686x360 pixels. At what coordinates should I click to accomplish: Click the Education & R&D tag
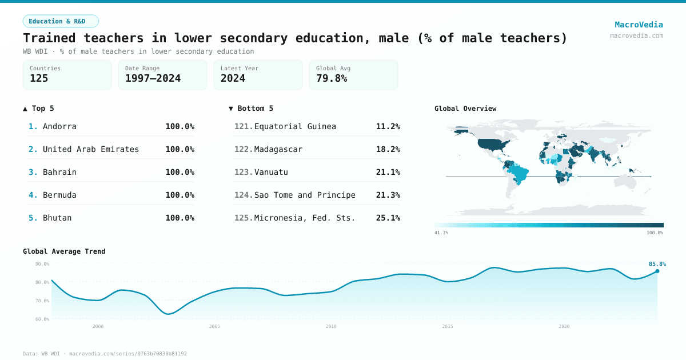click(61, 21)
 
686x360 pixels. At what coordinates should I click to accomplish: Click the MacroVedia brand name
click(639, 25)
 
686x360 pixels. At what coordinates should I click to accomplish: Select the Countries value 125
click(39, 78)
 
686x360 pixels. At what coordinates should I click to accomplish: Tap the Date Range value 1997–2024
click(153, 78)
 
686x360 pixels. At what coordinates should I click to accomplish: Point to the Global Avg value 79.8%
click(332, 78)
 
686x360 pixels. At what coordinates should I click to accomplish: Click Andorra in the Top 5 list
click(59, 126)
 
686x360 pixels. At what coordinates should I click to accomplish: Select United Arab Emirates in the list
click(91, 149)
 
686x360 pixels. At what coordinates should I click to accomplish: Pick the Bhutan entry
click(57, 218)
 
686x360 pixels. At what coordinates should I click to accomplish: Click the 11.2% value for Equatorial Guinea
click(388, 126)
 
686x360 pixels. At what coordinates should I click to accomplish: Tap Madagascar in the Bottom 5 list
click(278, 149)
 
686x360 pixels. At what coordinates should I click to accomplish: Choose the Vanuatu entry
click(271, 172)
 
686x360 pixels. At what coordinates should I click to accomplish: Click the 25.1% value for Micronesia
click(388, 218)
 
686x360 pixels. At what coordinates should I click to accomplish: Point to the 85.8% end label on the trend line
click(657, 264)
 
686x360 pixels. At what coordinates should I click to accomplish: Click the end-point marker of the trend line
click(657, 271)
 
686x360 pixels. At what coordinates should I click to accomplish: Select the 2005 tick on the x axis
click(214, 326)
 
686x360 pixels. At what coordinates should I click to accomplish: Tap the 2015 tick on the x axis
click(448, 326)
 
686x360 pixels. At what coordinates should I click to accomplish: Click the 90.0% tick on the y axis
click(42, 264)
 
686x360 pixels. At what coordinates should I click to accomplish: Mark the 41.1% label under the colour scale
click(441, 233)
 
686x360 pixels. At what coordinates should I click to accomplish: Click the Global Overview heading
click(465, 109)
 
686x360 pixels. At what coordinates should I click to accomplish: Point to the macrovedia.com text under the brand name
click(636, 35)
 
